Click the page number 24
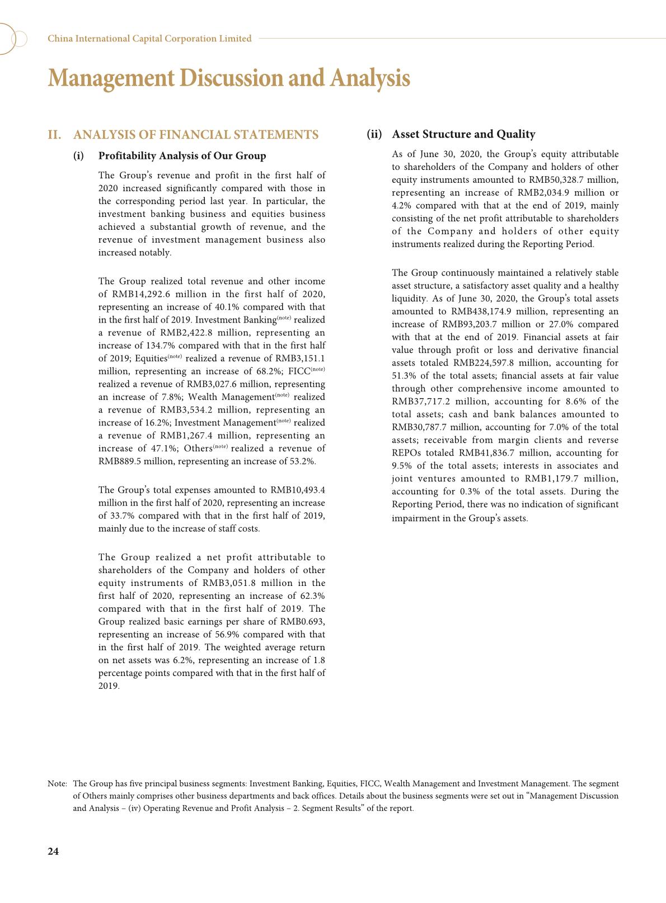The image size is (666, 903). click(53, 852)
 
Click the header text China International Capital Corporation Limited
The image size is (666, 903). click(149, 39)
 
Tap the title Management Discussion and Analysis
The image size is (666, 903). click(229, 78)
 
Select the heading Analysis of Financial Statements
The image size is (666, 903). click(196, 135)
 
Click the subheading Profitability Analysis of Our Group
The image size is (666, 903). click(182, 155)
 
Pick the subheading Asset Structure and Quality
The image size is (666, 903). click(463, 134)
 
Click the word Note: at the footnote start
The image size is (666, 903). click(58, 784)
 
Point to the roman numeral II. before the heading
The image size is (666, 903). click(54, 135)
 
